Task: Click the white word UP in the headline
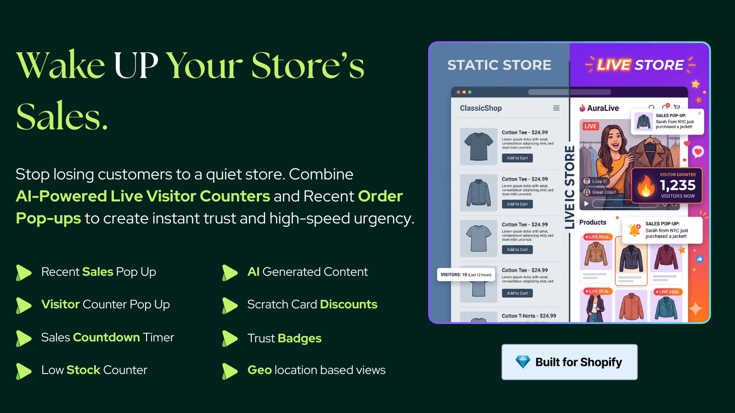[136, 66]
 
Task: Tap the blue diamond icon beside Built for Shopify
[523, 362]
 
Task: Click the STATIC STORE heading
[499, 65]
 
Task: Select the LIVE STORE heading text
[640, 65]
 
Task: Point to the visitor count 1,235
[678, 185]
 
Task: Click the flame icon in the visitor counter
[646, 186]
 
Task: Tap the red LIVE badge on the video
[591, 126]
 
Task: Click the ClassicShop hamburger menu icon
[556, 108]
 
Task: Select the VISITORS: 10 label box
[466, 275]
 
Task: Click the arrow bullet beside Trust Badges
[230, 338]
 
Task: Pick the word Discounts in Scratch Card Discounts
[349, 304]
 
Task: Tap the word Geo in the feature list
[260, 370]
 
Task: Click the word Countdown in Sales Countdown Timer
[107, 337]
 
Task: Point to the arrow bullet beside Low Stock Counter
[23, 371]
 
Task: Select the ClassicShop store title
[481, 108]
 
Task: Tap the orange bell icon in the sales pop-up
[634, 229]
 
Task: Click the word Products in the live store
[593, 223]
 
